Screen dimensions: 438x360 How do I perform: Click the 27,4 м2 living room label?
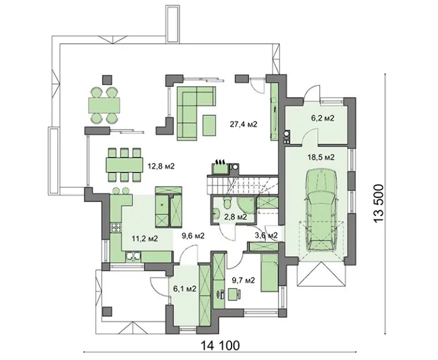(x=243, y=125)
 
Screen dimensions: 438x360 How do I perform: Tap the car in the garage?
(x=322, y=210)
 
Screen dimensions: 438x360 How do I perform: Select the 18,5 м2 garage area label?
(x=320, y=157)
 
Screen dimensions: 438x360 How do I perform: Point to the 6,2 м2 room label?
(x=323, y=118)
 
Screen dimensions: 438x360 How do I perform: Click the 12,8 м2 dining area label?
(x=161, y=167)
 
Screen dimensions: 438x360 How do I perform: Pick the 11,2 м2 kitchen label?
(x=145, y=239)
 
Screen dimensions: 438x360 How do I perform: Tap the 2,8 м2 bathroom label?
(x=235, y=217)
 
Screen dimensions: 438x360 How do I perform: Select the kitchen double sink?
(x=133, y=256)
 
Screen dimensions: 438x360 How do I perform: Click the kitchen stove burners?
(x=116, y=228)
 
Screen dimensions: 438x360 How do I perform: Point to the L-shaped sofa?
(x=196, y=112)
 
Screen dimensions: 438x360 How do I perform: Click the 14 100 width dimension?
(x=220, y=346)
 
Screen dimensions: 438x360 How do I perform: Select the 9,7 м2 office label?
(x=243, y=280)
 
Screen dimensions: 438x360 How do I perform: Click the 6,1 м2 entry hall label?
(x=185, y=289)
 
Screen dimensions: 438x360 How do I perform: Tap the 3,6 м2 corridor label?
(x=266, y=235)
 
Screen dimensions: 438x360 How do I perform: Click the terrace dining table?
(x=104, y=105)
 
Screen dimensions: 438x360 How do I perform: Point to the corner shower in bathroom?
(x=246, y=205)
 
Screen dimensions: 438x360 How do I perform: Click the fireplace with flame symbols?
(x=220, y=167)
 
